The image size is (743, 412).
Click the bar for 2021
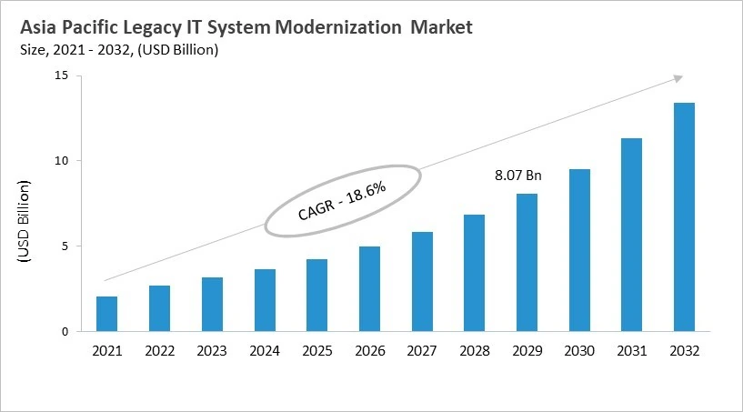click(106, 314)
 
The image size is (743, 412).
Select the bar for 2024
click(265, 300)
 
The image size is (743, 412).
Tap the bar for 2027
click(422, 282)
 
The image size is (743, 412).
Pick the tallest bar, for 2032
click(684, 217)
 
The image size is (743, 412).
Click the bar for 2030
click(579, 250)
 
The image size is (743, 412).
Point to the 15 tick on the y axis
click(61, 75)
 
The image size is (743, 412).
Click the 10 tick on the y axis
click(61, 161)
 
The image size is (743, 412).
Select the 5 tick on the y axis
click(64, 246)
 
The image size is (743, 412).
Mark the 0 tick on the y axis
click(64, 332)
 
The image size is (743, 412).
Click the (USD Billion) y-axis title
click(24, 223)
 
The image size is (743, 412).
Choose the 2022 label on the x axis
click(159, 350)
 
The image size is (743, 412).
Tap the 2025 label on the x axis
click(316, 350)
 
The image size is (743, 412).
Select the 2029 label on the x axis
click(527, 350)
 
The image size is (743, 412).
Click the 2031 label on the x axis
click(632, 350)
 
